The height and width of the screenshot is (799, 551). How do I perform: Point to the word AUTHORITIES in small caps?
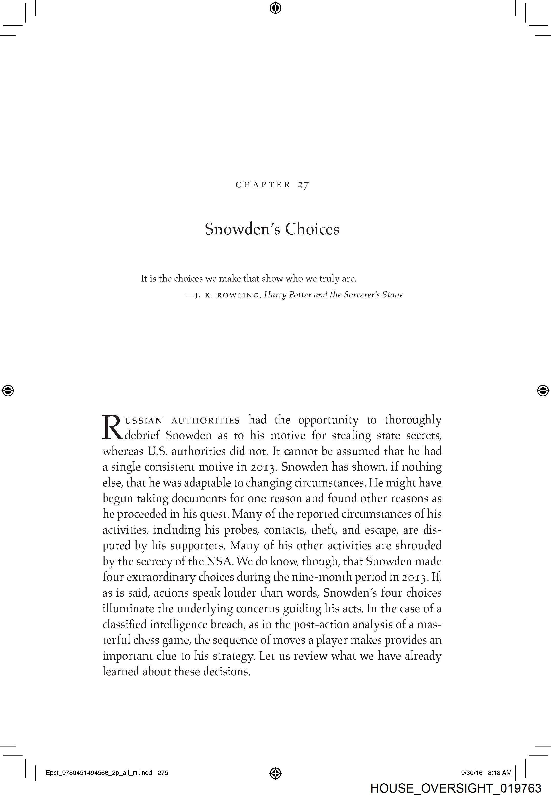[206, 421]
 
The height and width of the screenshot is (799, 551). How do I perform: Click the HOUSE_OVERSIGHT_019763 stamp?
[456, 788]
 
